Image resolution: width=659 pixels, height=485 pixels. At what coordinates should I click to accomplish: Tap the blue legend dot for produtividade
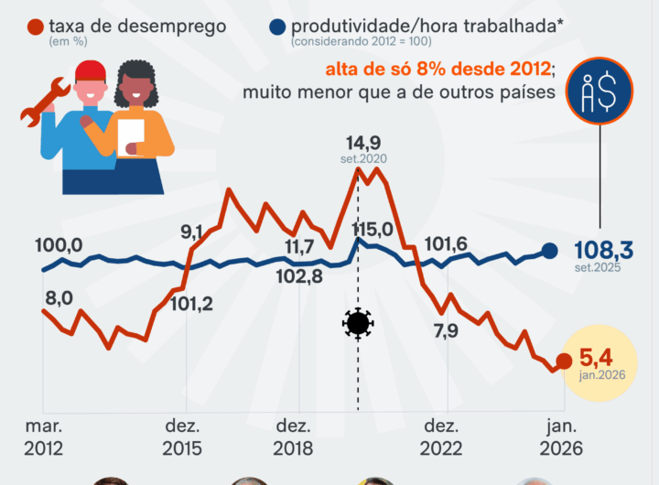275,27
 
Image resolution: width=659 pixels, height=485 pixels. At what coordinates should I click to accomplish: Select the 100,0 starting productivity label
59,245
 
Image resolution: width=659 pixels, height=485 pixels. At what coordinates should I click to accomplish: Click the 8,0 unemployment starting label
59,297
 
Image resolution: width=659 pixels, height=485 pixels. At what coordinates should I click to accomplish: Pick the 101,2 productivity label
191,304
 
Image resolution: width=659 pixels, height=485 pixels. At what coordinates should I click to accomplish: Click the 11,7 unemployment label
299,246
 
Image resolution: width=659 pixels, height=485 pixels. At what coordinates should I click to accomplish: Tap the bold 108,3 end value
605,250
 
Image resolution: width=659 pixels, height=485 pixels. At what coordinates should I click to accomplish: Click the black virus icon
358,323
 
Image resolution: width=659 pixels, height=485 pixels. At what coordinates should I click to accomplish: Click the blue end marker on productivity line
550,252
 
